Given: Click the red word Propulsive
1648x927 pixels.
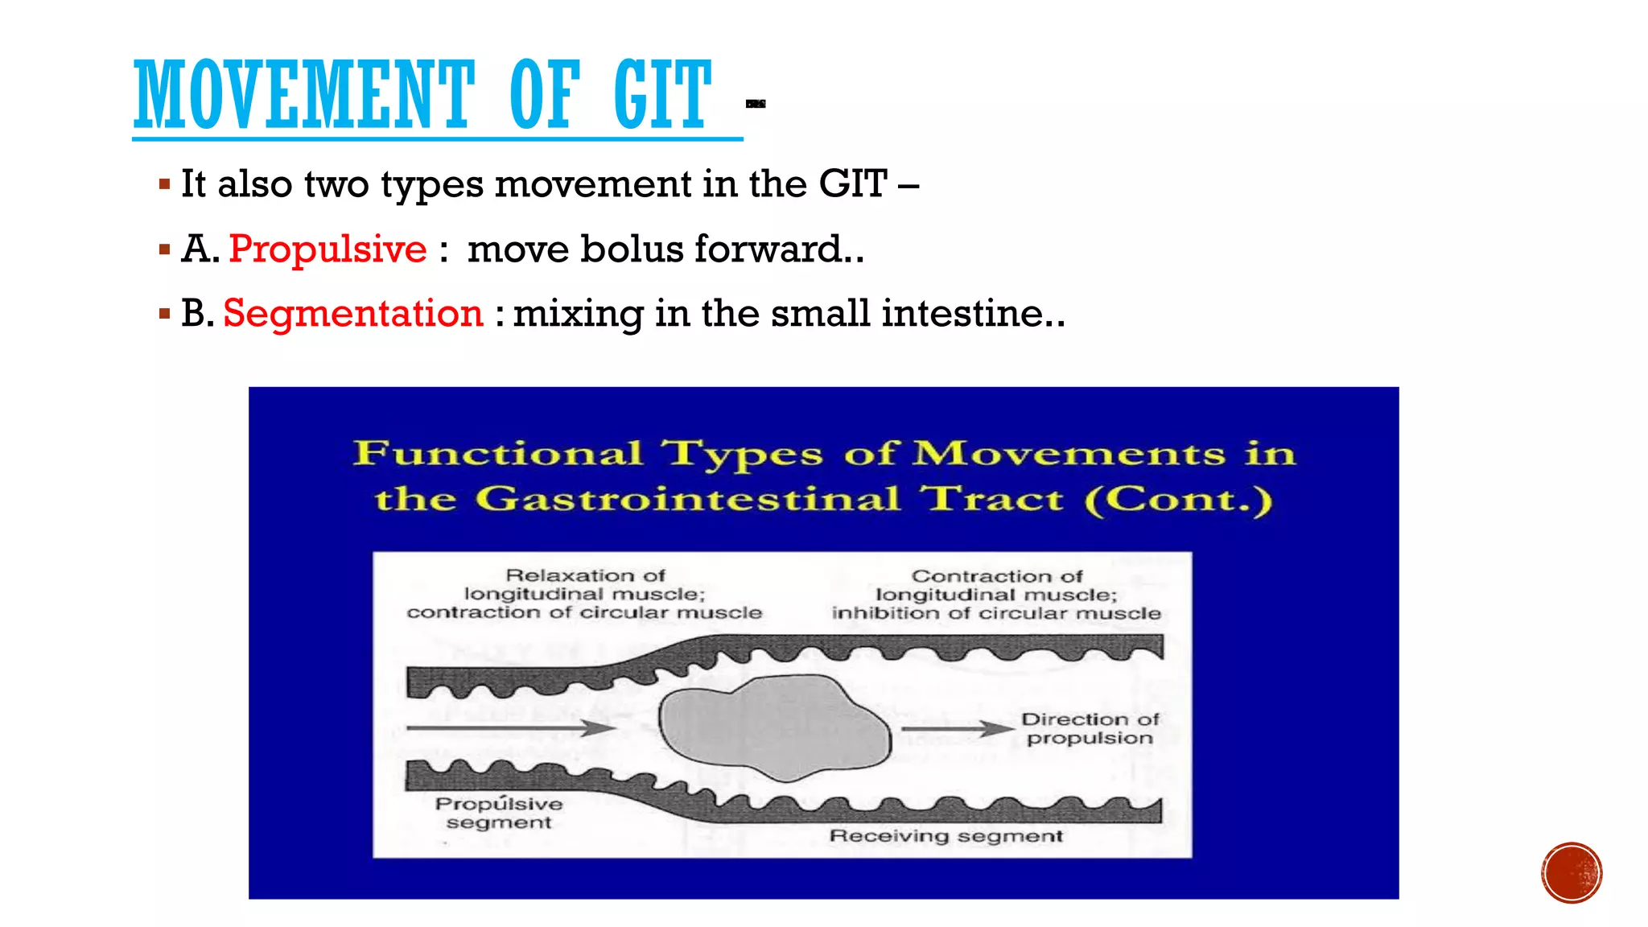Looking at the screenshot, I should click(328, 249).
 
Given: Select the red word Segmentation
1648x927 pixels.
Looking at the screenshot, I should click(352, 313).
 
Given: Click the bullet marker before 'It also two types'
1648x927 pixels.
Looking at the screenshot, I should click(165, 185).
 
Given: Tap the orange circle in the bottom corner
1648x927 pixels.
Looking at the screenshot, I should click(1572, 873).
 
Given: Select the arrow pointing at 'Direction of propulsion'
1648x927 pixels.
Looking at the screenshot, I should click(957, 728).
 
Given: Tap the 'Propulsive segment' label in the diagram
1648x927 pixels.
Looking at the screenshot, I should click(499, 813).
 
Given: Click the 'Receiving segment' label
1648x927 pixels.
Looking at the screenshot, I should click(946, 836).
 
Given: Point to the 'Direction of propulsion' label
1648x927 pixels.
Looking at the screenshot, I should click(1090, 728).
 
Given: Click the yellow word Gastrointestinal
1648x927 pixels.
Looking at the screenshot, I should click(687, 499).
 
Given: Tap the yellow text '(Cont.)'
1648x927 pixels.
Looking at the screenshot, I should click(1179, 500).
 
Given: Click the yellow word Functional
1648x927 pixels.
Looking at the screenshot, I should click(499, 453).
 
